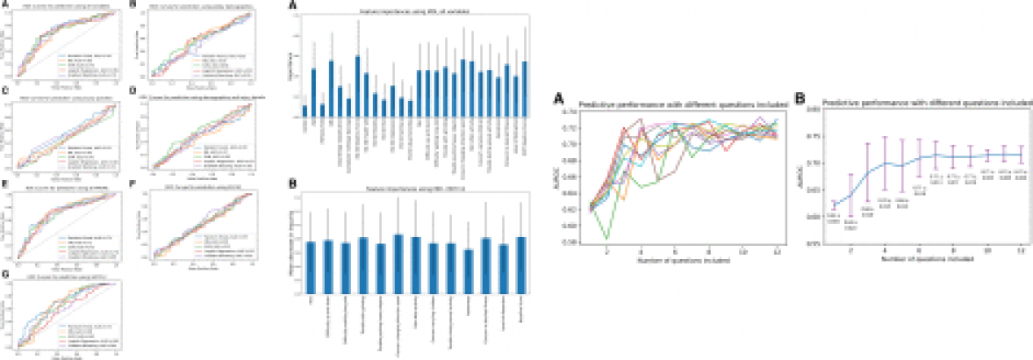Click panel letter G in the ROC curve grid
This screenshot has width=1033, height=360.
click(x=6, y=275)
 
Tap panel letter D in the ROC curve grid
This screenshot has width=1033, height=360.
click(x=132, y=90)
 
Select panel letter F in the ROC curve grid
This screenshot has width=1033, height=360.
click(x=132, y=184)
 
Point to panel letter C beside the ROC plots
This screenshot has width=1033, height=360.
click(x=6, y=90)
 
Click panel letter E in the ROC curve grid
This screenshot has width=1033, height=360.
click(x=6, y=184)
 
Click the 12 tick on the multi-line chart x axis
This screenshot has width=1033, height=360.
click(x=777, y=251)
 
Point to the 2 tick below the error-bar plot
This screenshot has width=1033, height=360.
click(x=850, y=252)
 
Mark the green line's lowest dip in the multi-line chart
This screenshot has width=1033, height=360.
click(x=607, y=238)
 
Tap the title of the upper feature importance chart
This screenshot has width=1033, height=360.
click(x=414, y=10)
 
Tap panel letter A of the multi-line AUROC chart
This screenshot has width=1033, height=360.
click(x=558, y=99)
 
